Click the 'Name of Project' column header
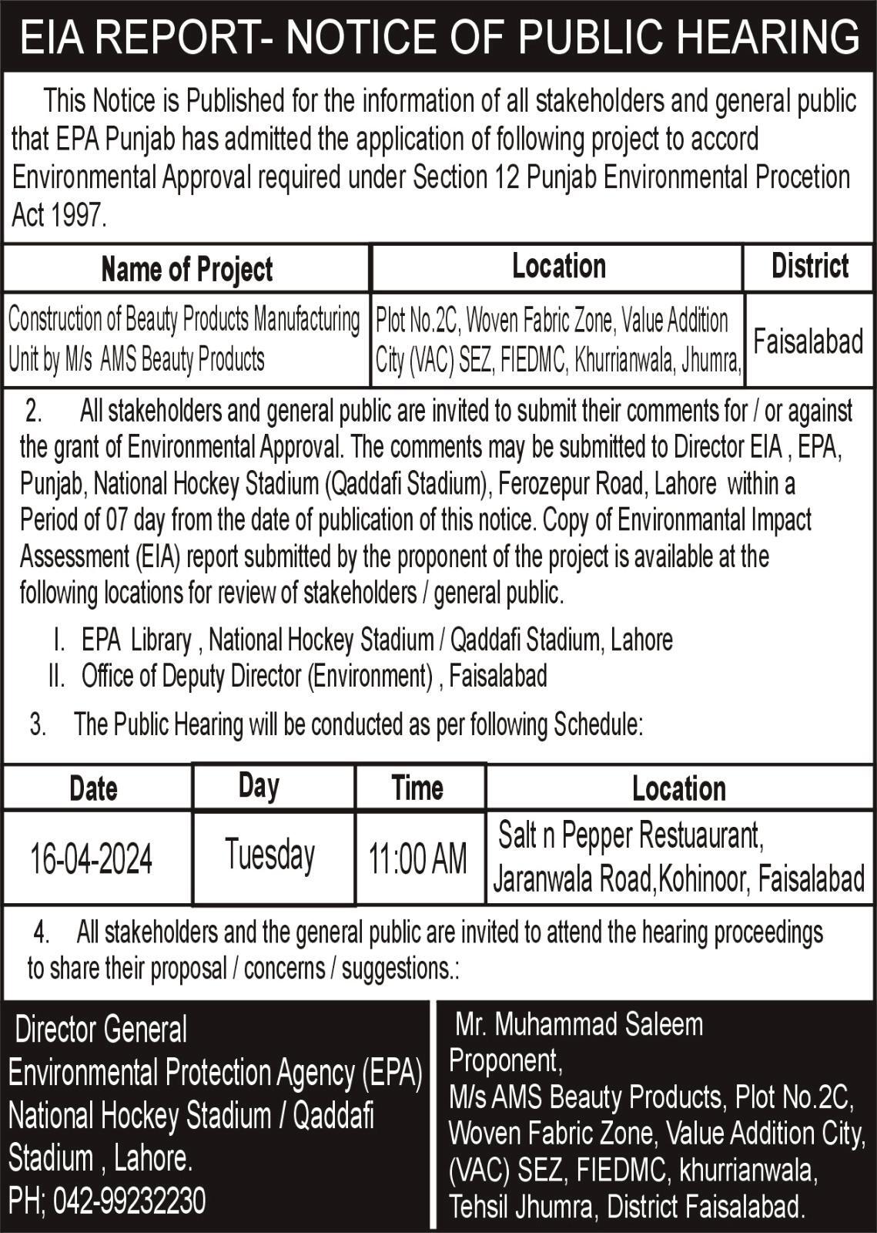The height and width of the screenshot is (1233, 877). pyautogui.click(x=186, y=270)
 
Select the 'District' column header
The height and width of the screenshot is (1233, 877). pyautogui.click(x=809, y=267)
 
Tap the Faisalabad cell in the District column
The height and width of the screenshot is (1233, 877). pyautogui.click(x=808, y=341)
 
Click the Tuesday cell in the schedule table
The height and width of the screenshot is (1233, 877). pyautogui.click(x=270, y=855)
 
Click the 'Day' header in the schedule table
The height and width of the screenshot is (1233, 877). pyautogui.click(x=259, y=786)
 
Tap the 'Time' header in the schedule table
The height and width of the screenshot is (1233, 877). pyautogui.click(x=417, y=788)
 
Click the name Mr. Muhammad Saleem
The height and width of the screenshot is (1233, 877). pyautogui.click(x=579, y=1024)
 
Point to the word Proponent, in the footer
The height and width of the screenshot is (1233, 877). pyautogui.click(x=506, y=1061)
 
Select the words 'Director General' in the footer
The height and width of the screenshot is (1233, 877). pyautogui.click(x=101, y=1030)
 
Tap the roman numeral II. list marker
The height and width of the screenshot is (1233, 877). pyautogui.click(x=55, y=677)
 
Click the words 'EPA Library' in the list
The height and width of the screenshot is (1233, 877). pyautogui.click(x=136, y=640)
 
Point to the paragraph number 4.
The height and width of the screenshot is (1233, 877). pyautogui.click(x=41, y=933)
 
